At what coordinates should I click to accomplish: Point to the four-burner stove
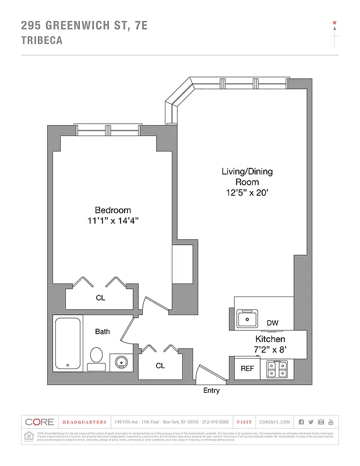click(277, 369)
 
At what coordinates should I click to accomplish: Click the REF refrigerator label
click(247, 369)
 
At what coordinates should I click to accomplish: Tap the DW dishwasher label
click(272, 323)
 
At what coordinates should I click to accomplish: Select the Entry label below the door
click(211, 390)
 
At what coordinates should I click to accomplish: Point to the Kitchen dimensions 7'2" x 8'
click(270, 349)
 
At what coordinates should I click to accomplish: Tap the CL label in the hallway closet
click(160, 366)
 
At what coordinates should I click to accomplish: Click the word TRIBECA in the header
click(41, 41)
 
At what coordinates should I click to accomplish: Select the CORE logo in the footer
click(38, 422)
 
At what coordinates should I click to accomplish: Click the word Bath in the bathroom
click(103, 331)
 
